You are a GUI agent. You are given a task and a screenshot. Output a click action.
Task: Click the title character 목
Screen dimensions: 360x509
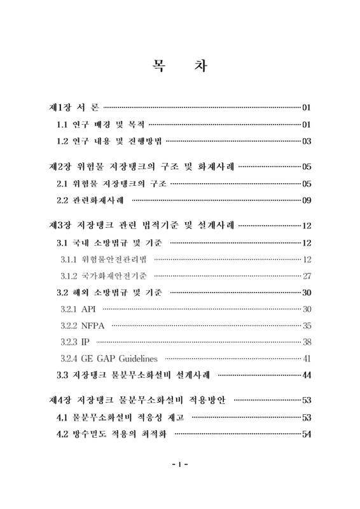[156, 66]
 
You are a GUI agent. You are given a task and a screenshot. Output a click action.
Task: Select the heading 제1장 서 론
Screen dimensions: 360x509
[73, 106]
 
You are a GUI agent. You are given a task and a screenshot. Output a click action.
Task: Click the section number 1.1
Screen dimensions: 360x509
[62, 123]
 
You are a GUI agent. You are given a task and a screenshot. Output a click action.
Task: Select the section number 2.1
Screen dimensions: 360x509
[62, 184]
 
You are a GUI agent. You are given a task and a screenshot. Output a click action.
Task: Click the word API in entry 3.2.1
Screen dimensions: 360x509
[89, 309]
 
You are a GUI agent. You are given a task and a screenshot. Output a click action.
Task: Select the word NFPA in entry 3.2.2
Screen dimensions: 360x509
[93, 326]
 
